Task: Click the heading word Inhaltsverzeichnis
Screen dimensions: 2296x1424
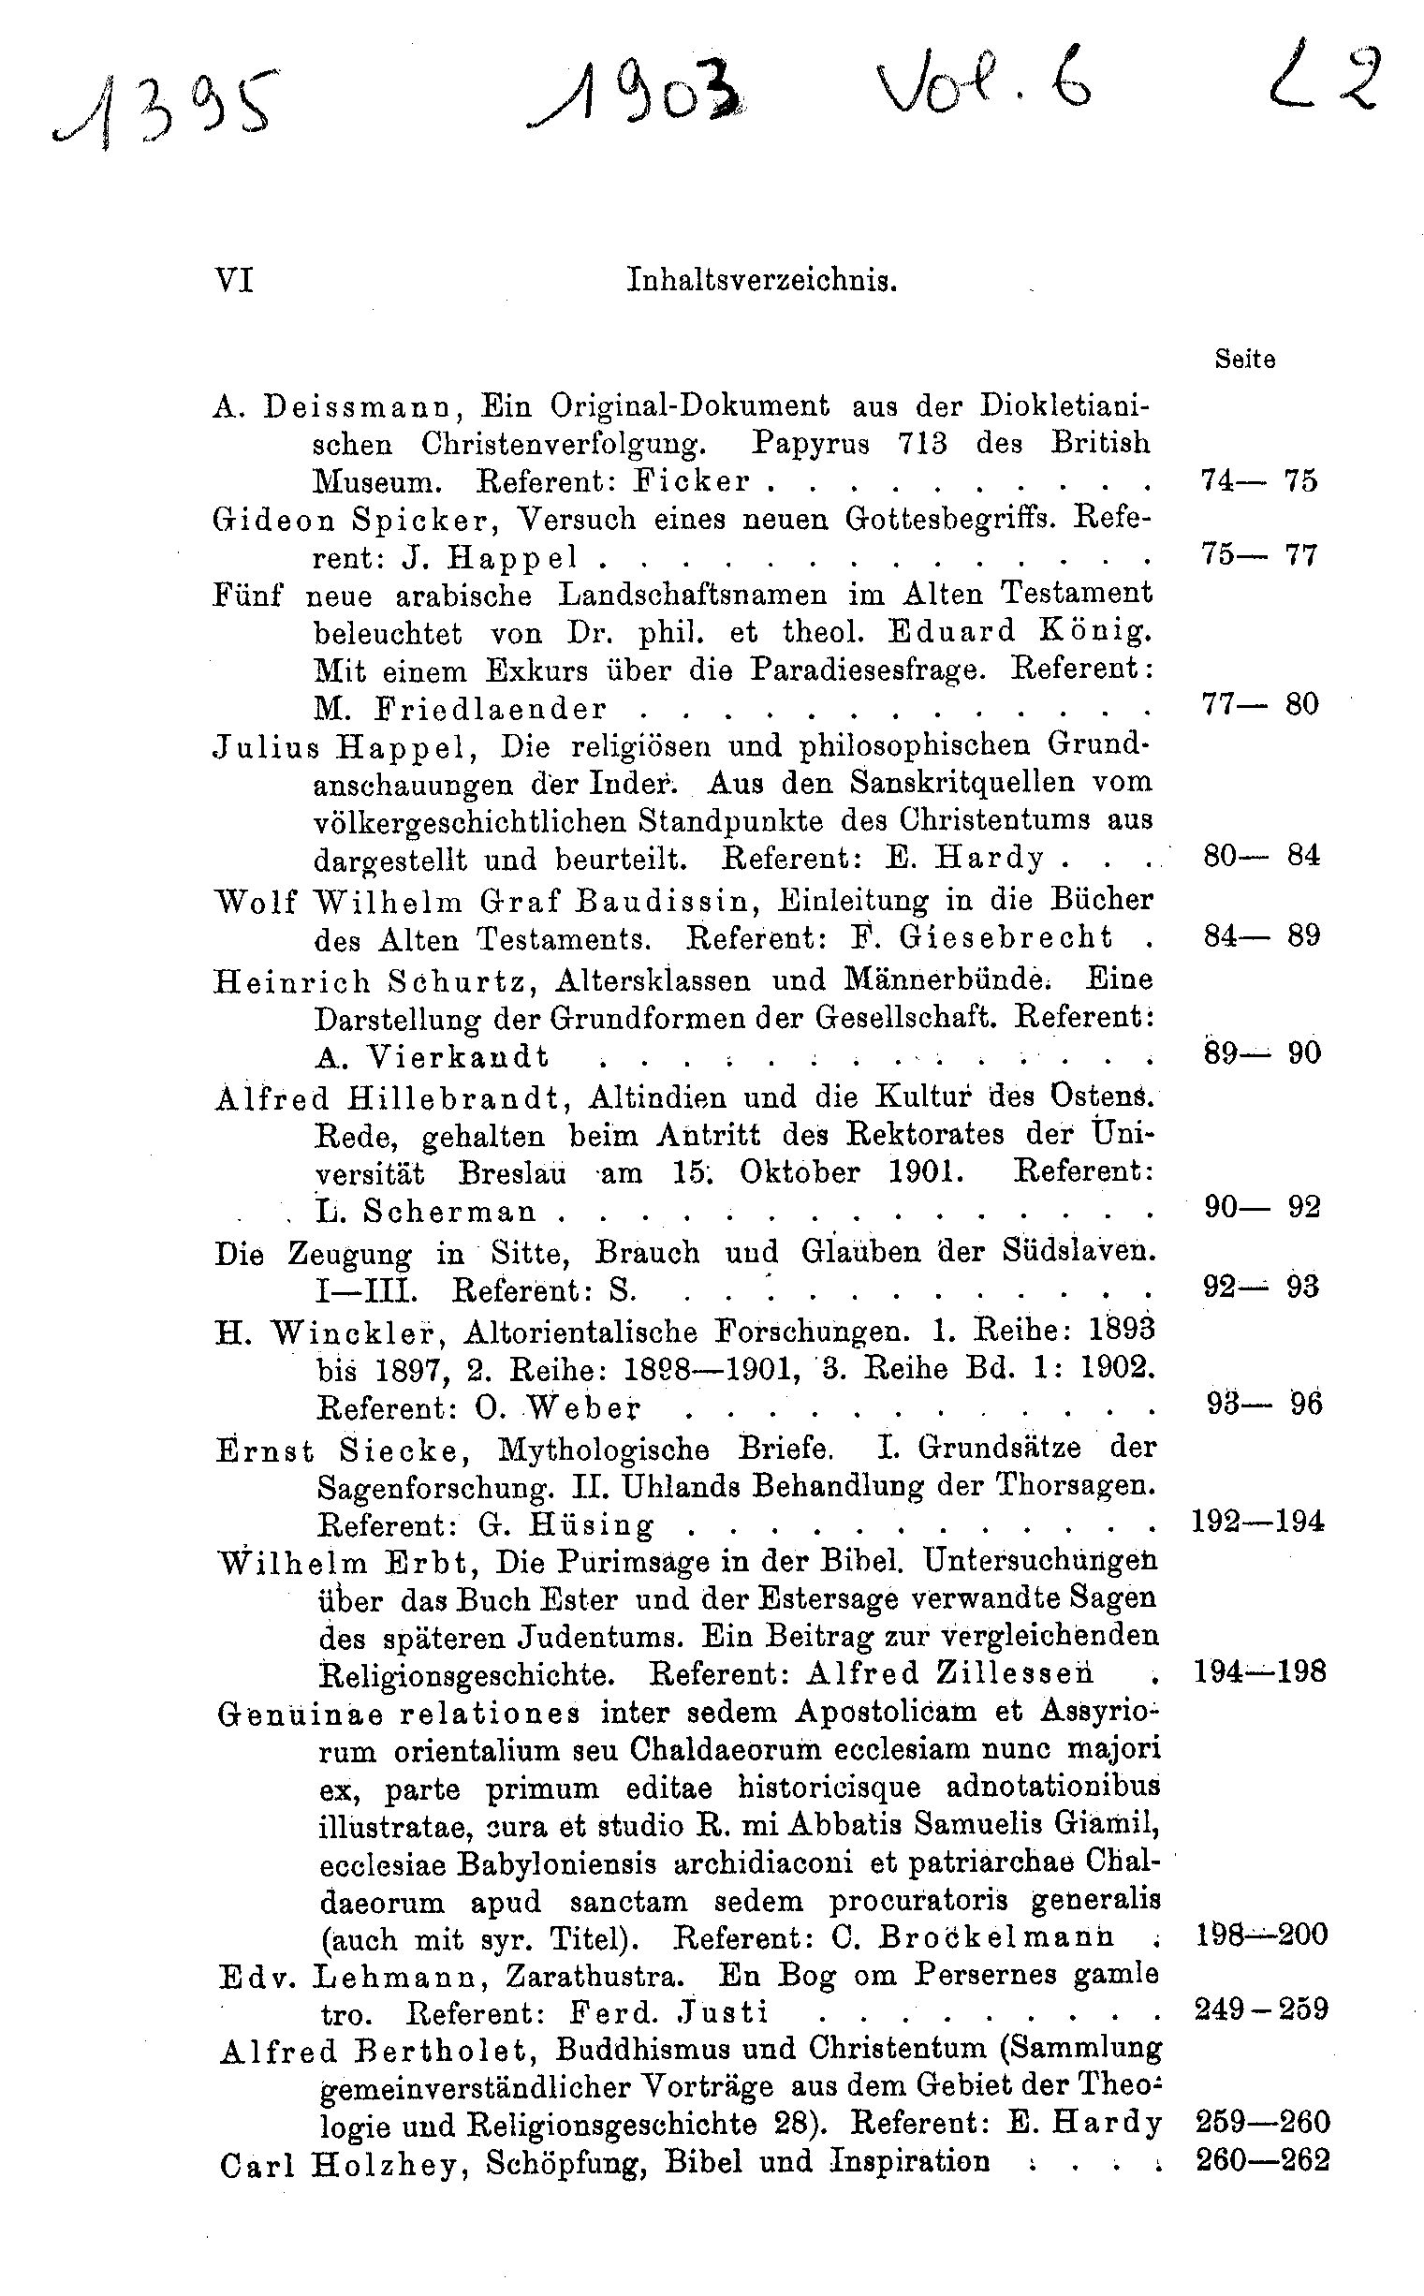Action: [x=761, y=281]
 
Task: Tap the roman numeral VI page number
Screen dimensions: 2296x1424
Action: [x=234, y=280]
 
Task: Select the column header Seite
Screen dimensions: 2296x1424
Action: [x=1244, y=359]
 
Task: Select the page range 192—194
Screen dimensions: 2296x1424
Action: [x=1258, y=1520]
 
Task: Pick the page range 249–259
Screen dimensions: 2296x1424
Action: [x=1261, y=2009]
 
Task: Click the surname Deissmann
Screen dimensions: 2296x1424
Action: [x=360, y=405]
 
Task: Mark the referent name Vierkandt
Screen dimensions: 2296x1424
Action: [x=457, y=1056]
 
